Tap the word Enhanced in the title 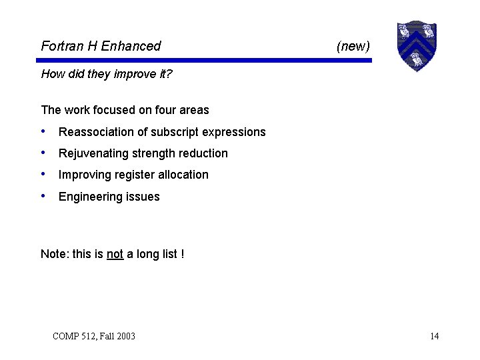131,46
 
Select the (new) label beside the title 353,46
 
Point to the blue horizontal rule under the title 206,60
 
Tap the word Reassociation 96,132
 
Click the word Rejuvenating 93,153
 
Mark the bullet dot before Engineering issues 43,196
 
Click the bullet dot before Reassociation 43,131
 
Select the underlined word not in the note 115,254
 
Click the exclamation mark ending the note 183,254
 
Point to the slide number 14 434,336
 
